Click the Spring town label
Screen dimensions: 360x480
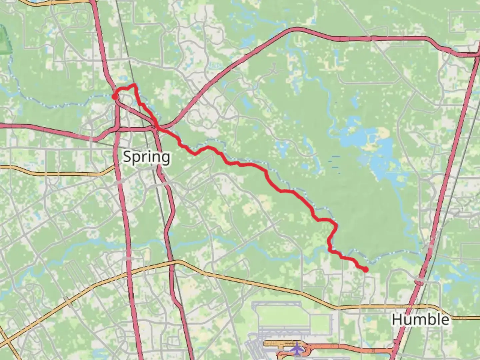coord(147,157)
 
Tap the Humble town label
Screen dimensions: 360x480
coord(420,319)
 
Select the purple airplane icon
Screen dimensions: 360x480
coord(296,349)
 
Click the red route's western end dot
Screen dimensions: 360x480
coord(114,97)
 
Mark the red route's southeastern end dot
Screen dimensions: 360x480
coord(366,270)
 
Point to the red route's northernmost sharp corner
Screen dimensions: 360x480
coord(135,85)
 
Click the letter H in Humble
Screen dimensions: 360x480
coord(397,319)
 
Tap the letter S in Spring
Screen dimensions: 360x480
coord(127,156)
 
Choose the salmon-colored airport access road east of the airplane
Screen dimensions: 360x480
coord(350,349)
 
